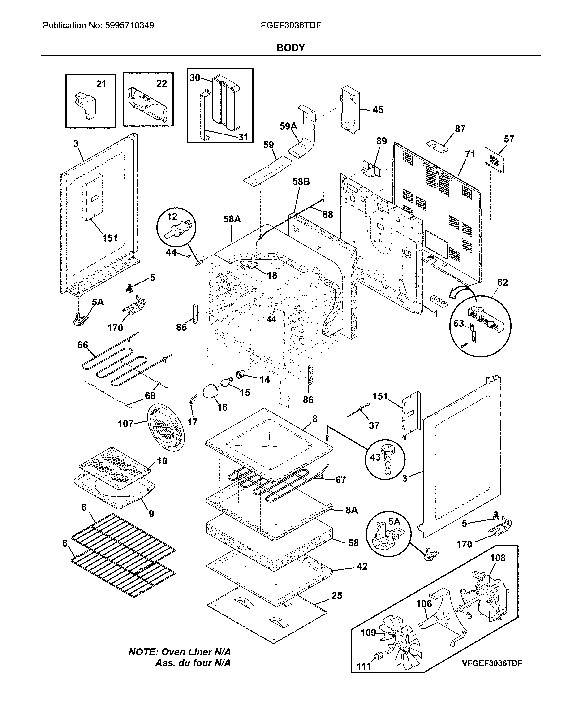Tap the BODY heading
pos(290,48)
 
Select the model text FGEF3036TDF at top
pos(290,26)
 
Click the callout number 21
pos(101,84)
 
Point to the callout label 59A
pos(288,126)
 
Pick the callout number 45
pos(378,109)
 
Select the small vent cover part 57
pos(494,160)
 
